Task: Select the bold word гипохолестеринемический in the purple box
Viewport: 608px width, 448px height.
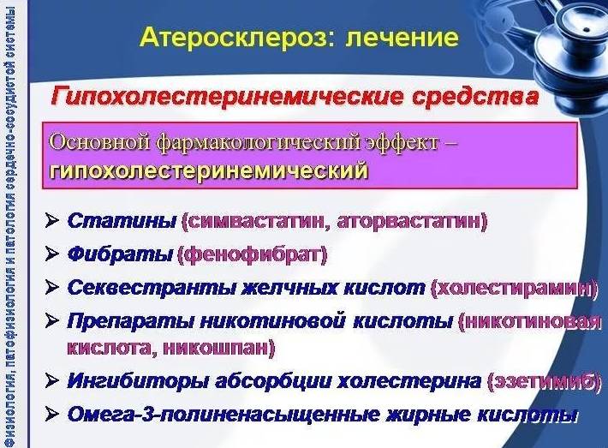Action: point(210,170)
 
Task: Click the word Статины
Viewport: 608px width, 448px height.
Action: point(121,222)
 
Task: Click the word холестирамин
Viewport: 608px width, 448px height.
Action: point(515,287)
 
